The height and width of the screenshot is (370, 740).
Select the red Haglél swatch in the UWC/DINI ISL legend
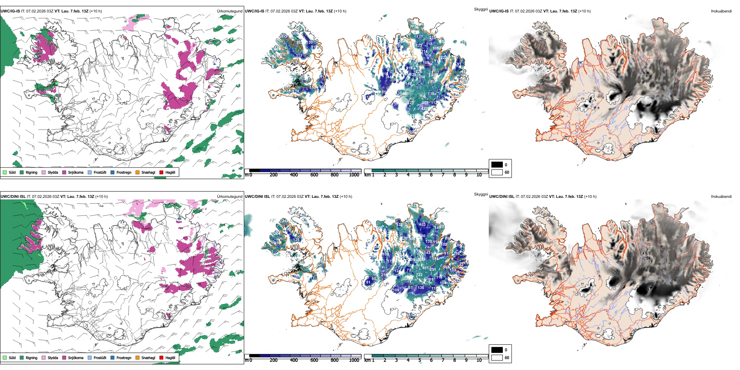tap(161, 358)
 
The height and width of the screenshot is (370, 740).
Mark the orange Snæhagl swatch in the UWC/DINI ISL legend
tap(137, 358)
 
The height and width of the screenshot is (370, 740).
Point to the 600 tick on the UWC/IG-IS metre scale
tap(314, 175)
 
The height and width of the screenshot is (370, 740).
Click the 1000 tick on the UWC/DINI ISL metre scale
tap(354, 360)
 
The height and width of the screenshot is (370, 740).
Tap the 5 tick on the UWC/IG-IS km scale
tap(419, 175)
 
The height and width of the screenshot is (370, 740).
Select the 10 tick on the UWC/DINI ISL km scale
tap(479, 360)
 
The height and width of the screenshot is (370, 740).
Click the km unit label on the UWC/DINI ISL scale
tap(367, 360)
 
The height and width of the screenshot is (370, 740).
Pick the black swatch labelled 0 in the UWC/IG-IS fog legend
tap(497, 165)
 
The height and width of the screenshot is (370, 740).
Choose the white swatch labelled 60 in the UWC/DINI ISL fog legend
tap(497, 358)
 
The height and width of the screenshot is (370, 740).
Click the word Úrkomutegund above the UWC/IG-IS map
tap(229, 11)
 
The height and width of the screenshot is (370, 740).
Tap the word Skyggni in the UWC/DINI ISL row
tap(481, 194)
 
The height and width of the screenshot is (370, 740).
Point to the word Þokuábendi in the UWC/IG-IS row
tap(721, 11)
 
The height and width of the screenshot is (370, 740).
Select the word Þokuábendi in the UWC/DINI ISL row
tap(721, 197)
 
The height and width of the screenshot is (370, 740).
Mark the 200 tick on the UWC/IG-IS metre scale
tap(273, 175)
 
